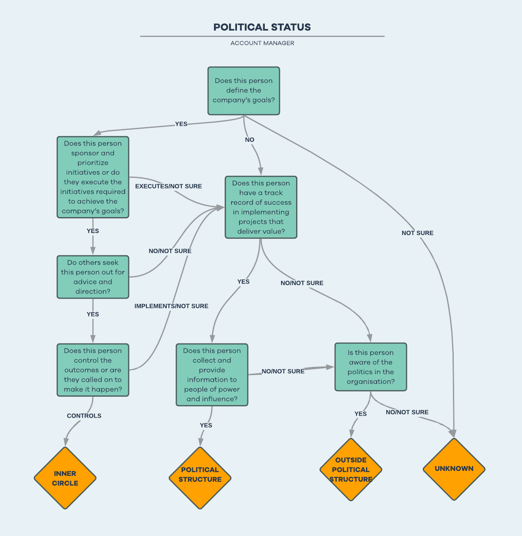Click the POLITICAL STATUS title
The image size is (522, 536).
(x=262, y=27)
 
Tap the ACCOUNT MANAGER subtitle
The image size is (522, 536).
(x=262, y=43)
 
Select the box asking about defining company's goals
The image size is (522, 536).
(x=244, y=91)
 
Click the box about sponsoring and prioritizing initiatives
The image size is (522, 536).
(x=93, y=177)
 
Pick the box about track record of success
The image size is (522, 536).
(x=261, y=207)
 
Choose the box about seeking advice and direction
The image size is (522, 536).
(x=93, y=277)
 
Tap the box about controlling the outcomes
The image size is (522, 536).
(x=93, y=370)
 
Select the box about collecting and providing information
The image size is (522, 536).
(x=212, y=374)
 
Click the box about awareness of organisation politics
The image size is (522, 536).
(x=370, y=367)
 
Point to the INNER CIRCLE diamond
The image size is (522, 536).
(x=65, y=478)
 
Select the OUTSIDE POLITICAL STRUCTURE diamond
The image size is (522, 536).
(x=351, y=469)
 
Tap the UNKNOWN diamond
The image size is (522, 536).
(x=454, y=469)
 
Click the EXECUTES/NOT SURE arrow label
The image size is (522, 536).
(x=168, y=186)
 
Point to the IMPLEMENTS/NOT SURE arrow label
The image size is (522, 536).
(x=171, y=306)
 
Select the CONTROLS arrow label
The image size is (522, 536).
(x=84, y=416)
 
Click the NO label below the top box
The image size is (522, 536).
(x=250, y=140)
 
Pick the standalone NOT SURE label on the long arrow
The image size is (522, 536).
(x=417, y=233)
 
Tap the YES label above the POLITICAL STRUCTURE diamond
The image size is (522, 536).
(x=206, y=425)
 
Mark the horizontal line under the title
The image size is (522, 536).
(x=262, y=37)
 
